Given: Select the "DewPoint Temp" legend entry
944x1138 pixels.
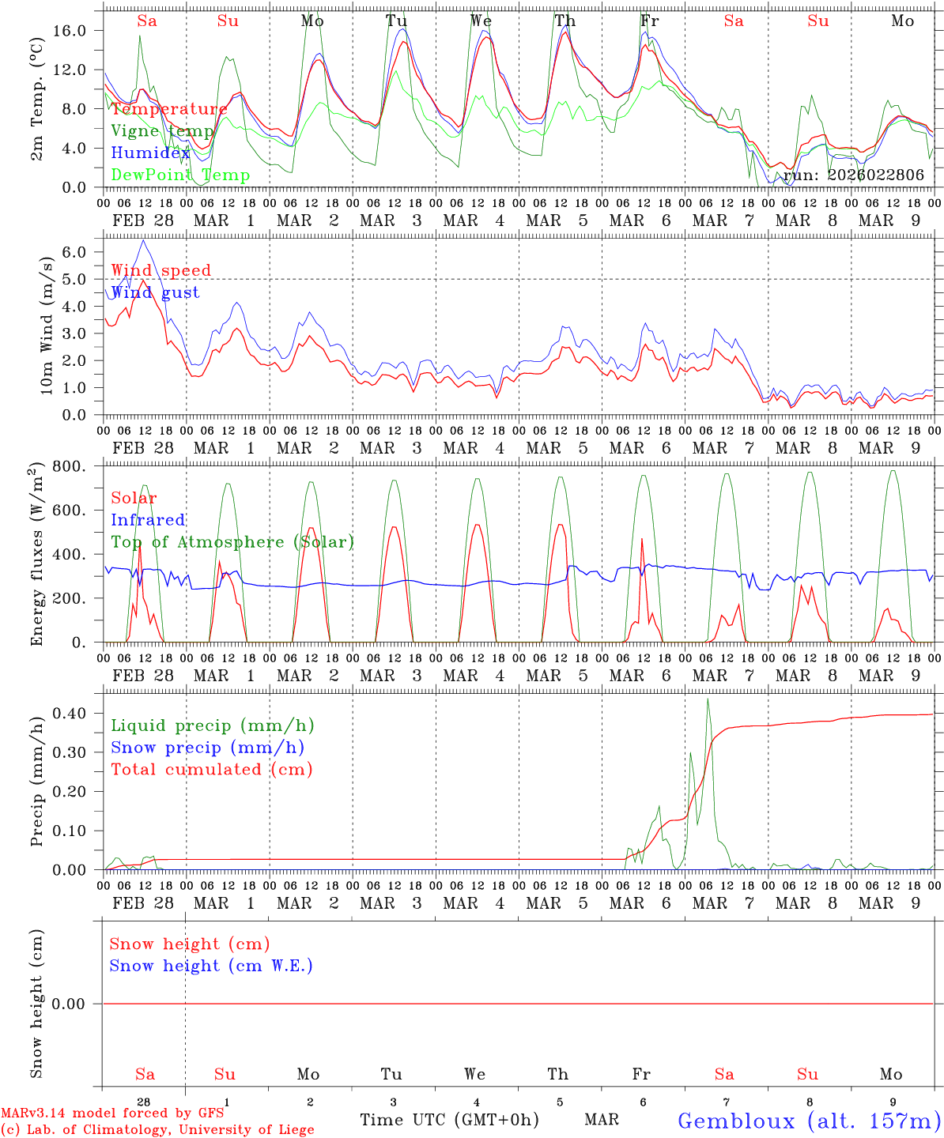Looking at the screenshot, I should tap(180, 175).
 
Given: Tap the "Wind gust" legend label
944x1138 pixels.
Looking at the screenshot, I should tap(155, 292).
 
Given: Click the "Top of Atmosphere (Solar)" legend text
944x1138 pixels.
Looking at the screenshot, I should tap(232, 542).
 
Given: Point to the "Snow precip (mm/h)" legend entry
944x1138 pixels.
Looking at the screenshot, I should tap(207, 748).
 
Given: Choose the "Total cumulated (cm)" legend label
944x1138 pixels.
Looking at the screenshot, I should tap(212, 770).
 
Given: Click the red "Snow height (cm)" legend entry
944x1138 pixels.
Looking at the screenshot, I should tap(190, 944).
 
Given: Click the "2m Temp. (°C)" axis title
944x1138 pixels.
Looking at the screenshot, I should tap(36, 109).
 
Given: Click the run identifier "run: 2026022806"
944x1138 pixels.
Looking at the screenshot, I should tap(854, 175).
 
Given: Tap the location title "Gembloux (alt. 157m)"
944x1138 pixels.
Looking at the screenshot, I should tap(810, 1121).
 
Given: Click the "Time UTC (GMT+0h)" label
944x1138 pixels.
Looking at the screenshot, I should tap(450, 1120).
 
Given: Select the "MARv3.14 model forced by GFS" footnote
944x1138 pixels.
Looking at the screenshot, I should tap(112, 1114).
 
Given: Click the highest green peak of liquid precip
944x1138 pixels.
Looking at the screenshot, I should tap(708, 699).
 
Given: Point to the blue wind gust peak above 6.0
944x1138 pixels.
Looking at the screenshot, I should tap(142, 240).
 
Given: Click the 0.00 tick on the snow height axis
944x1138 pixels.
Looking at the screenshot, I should tap(74, 1004).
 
